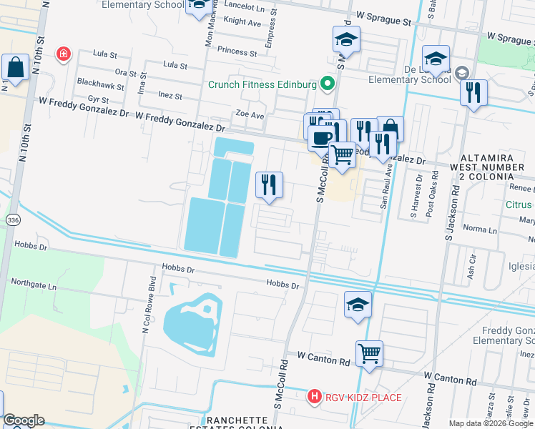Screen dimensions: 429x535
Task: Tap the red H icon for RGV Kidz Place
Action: pos(313,397)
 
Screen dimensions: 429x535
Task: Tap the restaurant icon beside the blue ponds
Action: pos(269,186)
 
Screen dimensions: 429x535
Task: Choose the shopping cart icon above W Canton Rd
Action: pos(369,353)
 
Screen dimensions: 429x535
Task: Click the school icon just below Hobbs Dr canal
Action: pos(358,305)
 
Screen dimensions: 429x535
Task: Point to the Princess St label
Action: pos(237,52)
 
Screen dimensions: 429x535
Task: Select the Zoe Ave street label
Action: pos(250,114)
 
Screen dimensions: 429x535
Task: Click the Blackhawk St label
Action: pos(100,83)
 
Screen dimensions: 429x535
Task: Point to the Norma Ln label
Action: pos(481,230)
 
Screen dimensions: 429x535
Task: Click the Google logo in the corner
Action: pos(23,420)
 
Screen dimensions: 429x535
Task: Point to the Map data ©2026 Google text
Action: pos(490,423)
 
